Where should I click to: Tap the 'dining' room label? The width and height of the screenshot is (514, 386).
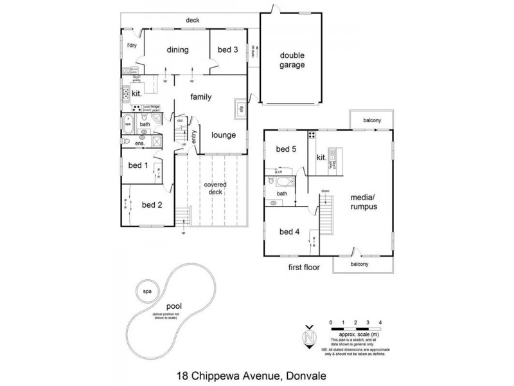177,50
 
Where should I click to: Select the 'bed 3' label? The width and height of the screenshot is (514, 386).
228,50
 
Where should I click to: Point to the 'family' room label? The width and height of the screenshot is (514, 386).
201,96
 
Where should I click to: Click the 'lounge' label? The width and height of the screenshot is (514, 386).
224,135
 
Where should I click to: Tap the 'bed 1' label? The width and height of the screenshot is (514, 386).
138,165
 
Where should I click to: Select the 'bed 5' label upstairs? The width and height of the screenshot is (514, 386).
286,150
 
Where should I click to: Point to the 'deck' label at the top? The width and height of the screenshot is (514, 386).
193,21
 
